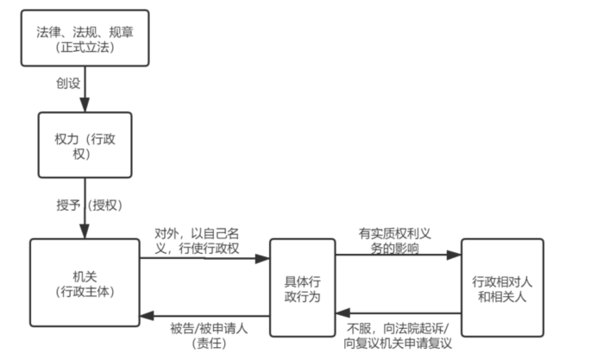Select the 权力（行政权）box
pyautogui.click(x=85, y=143)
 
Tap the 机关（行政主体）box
pyautogui.click(x=85, y=282)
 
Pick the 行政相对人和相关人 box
pyautogui.click(x=501, y=287)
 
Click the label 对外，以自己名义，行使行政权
pyautogui.click(x=197, y=242)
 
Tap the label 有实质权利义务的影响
pyautogui.click(x=394, y=241)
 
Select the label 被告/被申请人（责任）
pyautogui.click(x=198, y=334)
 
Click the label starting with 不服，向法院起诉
pyautogui.click(x=397, y=335)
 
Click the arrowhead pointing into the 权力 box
pyautogui.click(x=85, y=105)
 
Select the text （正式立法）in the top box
pyautogui.click(x=84, y=47)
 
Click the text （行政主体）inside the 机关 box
pyautogui.click(x=84, y=291)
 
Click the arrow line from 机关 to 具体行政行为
pyautogui.click(x=207, y=256)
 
